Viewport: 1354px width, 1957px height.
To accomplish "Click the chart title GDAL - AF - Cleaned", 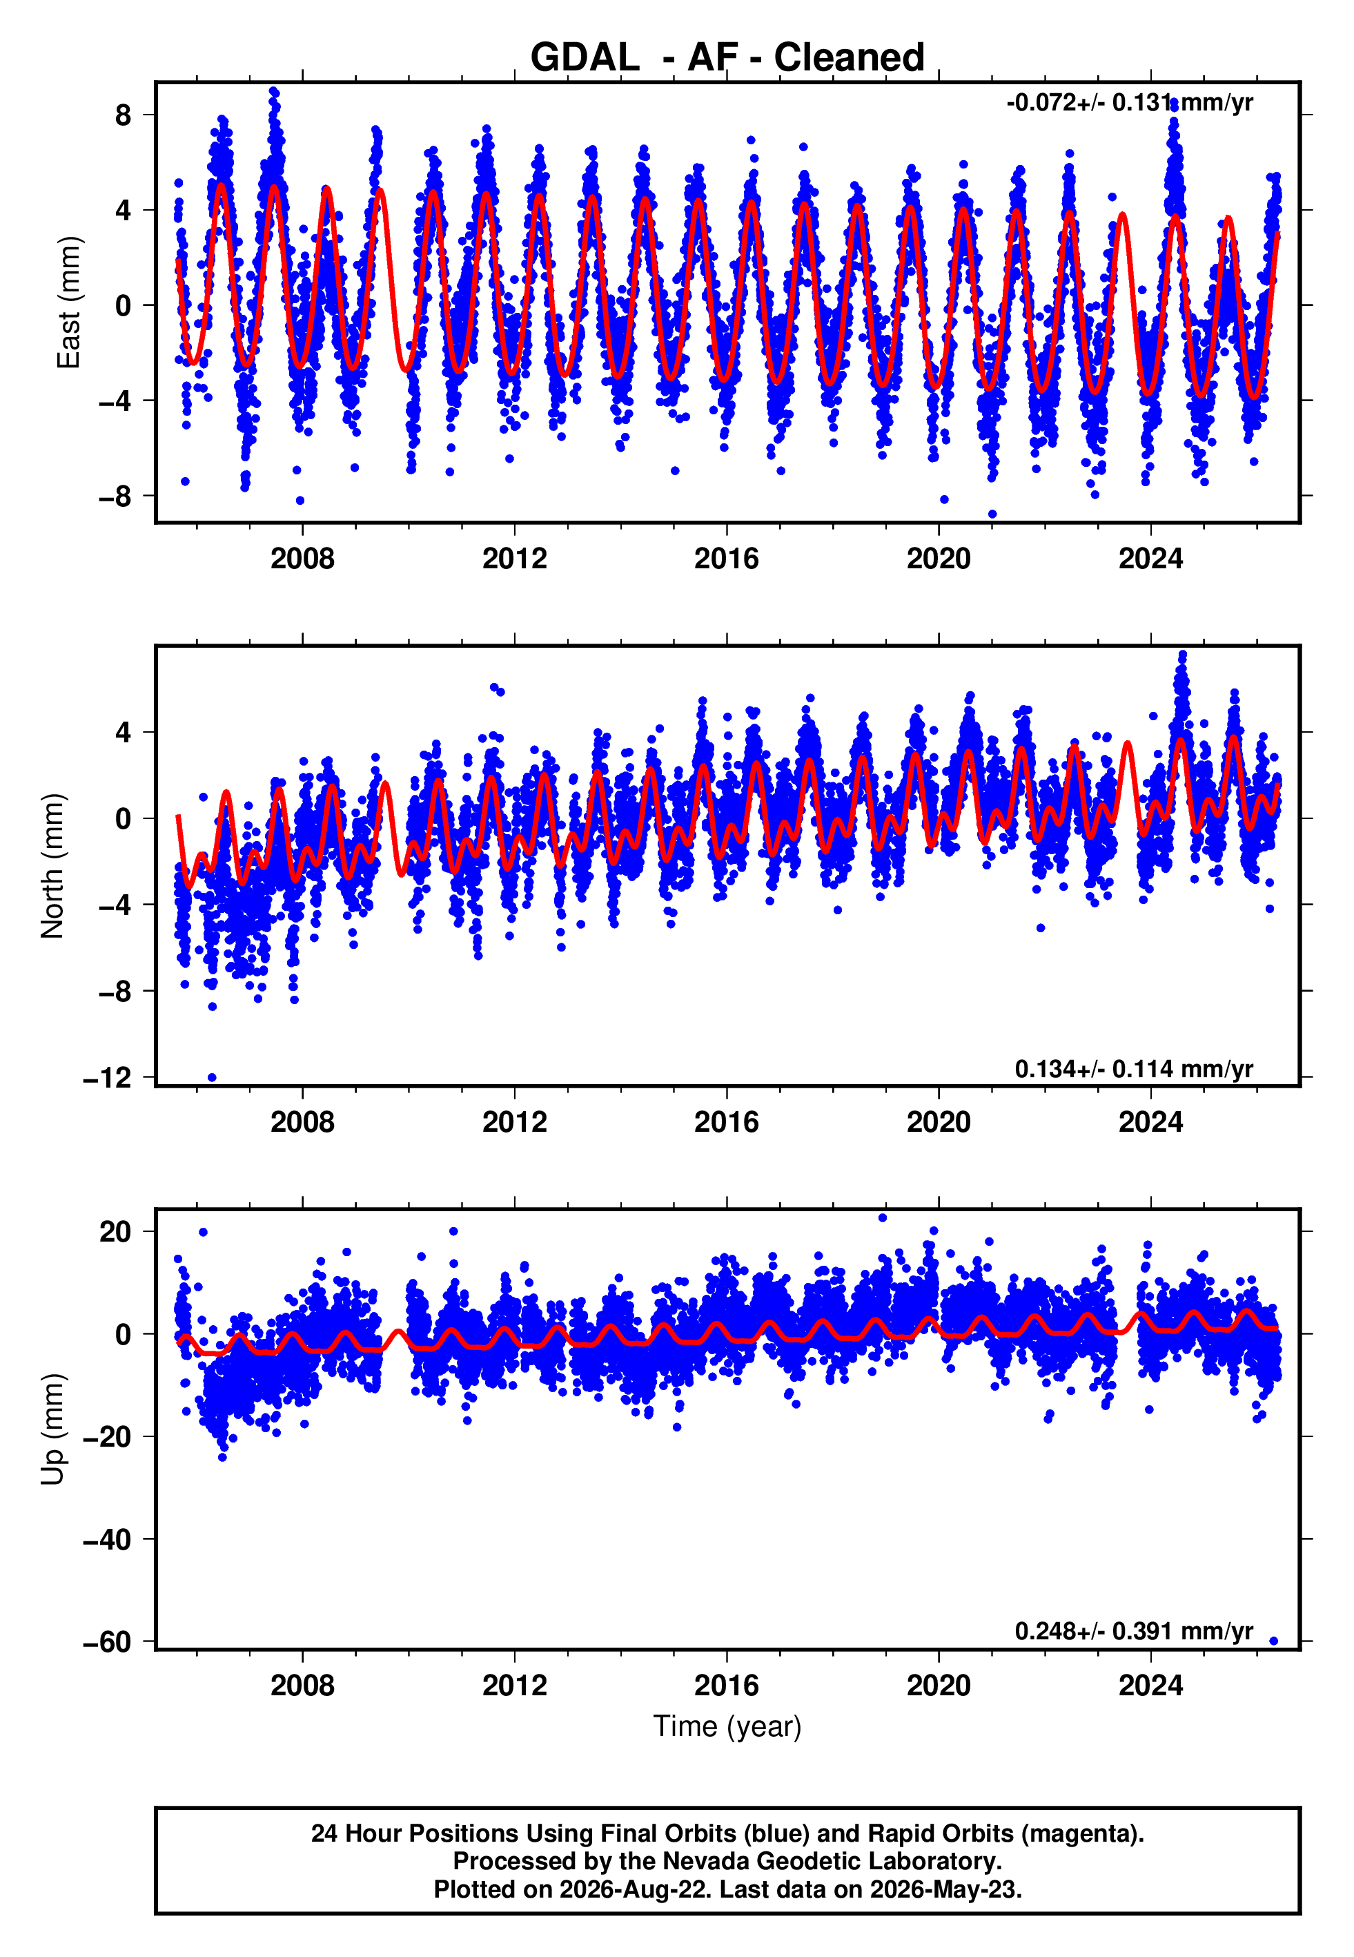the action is (x=727, y=58).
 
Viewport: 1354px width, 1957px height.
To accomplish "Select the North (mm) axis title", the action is (x=52, y=866).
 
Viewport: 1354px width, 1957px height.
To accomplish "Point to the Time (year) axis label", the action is (x=727, y=1726).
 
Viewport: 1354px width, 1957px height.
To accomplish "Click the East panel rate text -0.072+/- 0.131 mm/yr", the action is (x=1129, y=103).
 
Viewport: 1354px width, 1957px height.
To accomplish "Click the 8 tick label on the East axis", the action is (x=124, y=115).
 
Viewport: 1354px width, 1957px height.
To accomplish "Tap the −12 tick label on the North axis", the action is (x=107, y=1078).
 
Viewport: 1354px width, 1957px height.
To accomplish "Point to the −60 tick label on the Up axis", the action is (x=107, y=1642).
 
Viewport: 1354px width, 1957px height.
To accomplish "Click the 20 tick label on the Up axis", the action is (x=115, y=1231).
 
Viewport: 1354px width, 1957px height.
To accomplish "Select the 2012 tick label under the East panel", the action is (x=514, y=559).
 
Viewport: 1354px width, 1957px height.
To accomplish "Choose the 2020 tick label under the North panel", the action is (x=939, y=1122).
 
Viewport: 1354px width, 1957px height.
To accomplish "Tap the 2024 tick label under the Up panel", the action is (x=1150, y=1686).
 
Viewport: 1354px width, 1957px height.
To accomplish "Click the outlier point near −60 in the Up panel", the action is (x=1273, y=1641).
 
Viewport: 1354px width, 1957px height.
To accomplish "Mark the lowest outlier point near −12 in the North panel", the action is (x=212, y=1078).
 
